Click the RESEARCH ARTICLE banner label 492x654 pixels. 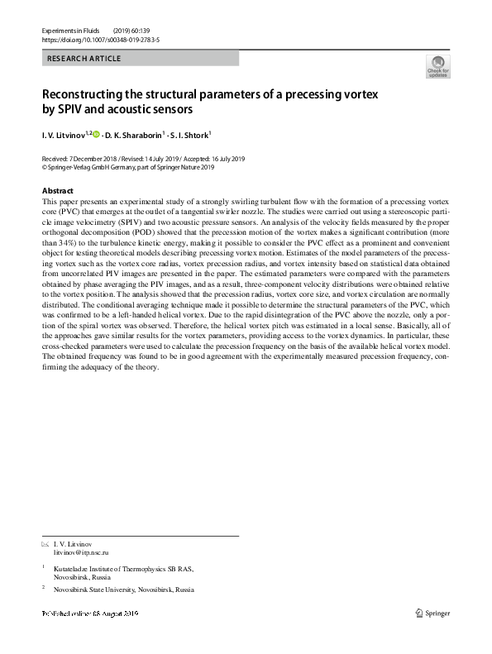(84, 59)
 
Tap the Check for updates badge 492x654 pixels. (437, 68)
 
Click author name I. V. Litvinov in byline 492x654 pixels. (63, 134)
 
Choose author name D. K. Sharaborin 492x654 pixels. (133, 134)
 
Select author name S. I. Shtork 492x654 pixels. (190, 134)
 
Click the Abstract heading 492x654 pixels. (57, 191)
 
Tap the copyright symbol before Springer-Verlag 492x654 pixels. (45, 166)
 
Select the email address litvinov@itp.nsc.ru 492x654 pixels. (81, 551)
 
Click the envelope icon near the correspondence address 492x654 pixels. (45, 543)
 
